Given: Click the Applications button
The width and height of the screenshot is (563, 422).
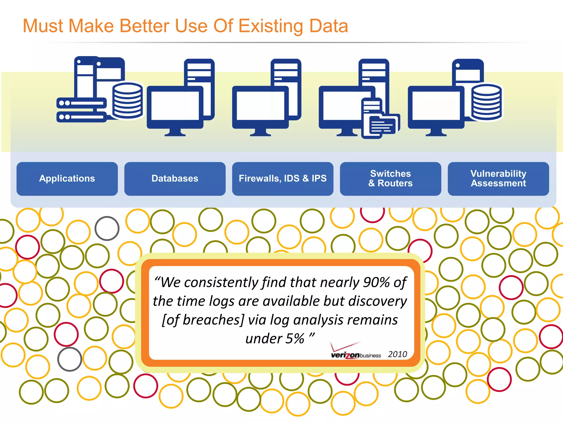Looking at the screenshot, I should click(67, 179).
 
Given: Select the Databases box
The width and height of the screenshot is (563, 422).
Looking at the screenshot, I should click(175, 179).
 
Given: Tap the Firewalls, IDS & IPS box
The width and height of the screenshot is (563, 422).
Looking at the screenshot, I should click(283, 179).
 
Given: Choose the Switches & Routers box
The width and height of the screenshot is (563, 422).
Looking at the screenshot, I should click(390, 179).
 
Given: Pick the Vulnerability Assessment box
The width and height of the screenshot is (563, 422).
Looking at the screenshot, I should click(498, 179).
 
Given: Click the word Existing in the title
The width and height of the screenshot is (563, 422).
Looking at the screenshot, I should click(271, 26).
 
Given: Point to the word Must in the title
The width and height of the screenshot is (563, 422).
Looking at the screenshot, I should click(43, 26).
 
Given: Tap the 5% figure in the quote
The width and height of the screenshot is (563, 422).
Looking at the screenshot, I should click(295, 339).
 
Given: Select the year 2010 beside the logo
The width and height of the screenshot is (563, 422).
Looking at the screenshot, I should click(397, 354).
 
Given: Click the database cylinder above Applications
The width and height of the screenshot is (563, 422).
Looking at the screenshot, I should click(127, 101).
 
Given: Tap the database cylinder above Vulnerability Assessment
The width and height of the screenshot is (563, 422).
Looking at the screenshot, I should click(486, 102).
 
